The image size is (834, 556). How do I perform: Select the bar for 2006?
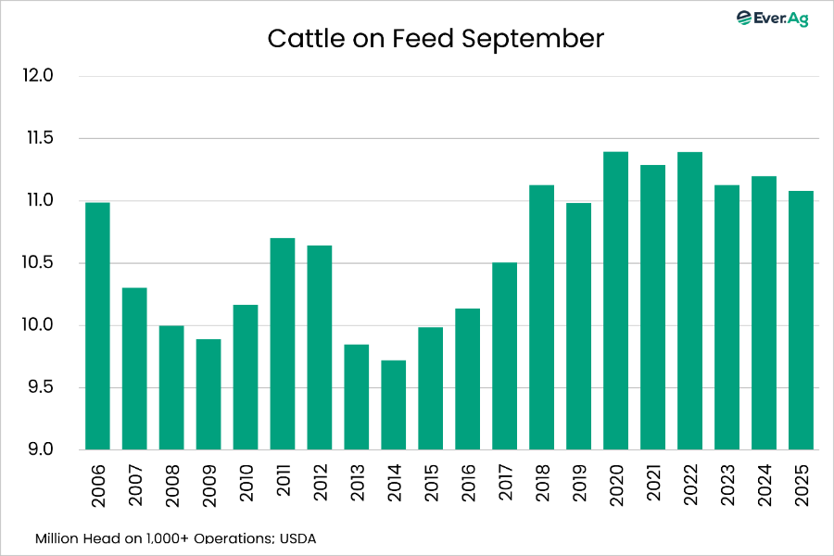tap(97, 326)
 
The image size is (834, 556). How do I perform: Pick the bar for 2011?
tap(283, 344)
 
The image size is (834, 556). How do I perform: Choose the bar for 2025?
tap(802, 321)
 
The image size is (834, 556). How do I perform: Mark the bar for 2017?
tap(505, 356)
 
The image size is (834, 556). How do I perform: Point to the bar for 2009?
tap(208, 395)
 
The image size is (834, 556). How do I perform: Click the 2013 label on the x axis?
tap(358, 482)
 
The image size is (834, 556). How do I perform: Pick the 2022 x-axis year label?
tap(691, 482)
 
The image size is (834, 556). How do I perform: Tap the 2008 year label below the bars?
tap(172, 482)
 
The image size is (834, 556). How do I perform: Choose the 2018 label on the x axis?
tap(543, 482)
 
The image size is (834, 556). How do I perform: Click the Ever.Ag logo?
tap(771, 18)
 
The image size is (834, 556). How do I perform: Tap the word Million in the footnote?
tap(57, 537)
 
